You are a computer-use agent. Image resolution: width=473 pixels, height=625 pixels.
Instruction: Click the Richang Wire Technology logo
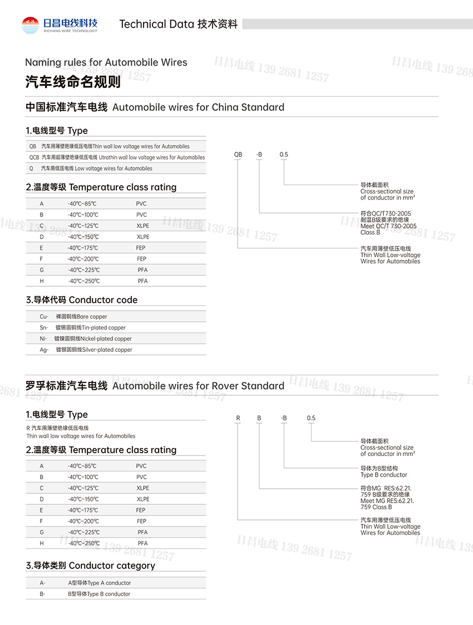[60, 24]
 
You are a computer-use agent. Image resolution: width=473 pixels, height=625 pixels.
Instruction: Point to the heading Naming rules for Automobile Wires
[106, 62]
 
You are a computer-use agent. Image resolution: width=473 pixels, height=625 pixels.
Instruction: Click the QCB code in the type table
[34, 157]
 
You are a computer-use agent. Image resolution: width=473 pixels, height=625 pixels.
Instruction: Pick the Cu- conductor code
[44, 316]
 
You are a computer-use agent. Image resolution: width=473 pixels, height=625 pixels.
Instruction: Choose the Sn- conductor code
[44, 328]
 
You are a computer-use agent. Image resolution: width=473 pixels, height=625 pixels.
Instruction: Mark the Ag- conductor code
[44, 350]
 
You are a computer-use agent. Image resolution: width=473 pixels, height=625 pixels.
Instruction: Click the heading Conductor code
[103, 300]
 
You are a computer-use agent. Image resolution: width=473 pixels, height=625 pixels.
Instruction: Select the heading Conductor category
[112, 566]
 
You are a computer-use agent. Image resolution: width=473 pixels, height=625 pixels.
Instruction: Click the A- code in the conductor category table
[42, 583]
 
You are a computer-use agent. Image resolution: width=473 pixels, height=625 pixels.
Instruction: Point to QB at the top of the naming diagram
[238, 155]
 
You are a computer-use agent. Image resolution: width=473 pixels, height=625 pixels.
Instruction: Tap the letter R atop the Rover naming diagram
[238, 418]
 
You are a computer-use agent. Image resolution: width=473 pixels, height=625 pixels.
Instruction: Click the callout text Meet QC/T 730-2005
[388, 226]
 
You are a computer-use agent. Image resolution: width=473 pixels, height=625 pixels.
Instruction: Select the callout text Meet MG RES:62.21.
[387, 500]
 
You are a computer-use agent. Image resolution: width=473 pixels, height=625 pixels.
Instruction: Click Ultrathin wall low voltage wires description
[151, 157]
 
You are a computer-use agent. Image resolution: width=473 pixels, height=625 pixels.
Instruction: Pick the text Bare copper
[92, 316]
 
